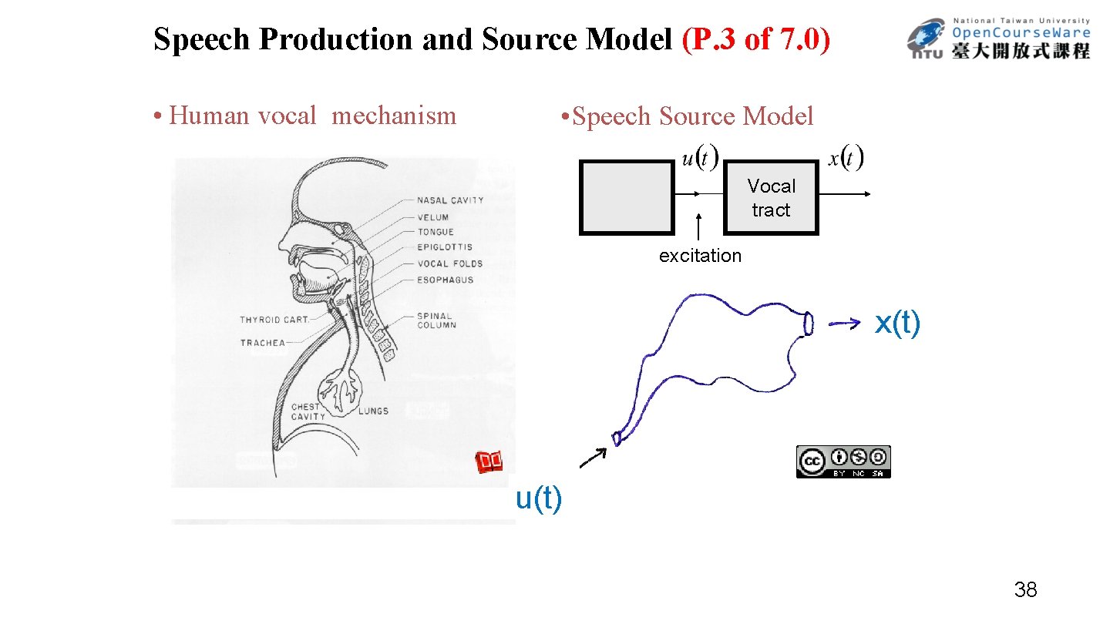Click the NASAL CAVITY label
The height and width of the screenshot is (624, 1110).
(450, 200)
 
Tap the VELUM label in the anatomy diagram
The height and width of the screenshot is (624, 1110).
(432, 217)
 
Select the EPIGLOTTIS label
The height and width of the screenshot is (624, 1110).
(445, 247)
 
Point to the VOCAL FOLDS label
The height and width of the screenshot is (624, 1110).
(449, 263)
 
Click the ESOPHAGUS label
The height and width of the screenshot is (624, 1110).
(445, 280)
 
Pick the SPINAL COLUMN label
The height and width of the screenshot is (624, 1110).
(436, 320)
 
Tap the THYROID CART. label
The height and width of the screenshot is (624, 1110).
(274, 319)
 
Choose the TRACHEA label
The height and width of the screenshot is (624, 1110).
(262, 343)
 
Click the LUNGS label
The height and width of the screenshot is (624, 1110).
(373, 411)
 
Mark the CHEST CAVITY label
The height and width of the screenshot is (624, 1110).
(308, 411)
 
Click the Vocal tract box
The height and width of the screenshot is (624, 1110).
(771, 198)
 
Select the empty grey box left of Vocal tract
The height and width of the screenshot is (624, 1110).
(626, 197)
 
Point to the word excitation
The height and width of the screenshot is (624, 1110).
(700, 256)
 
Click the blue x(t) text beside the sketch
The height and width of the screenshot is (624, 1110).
(897, 324)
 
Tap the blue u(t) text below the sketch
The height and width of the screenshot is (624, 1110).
(539, 498)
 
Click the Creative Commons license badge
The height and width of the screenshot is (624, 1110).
(843, 461)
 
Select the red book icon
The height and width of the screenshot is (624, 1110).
(489, 462)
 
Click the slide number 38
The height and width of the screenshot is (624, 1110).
(1025, 591)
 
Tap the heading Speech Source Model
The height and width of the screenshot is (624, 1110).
(688, 116)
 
